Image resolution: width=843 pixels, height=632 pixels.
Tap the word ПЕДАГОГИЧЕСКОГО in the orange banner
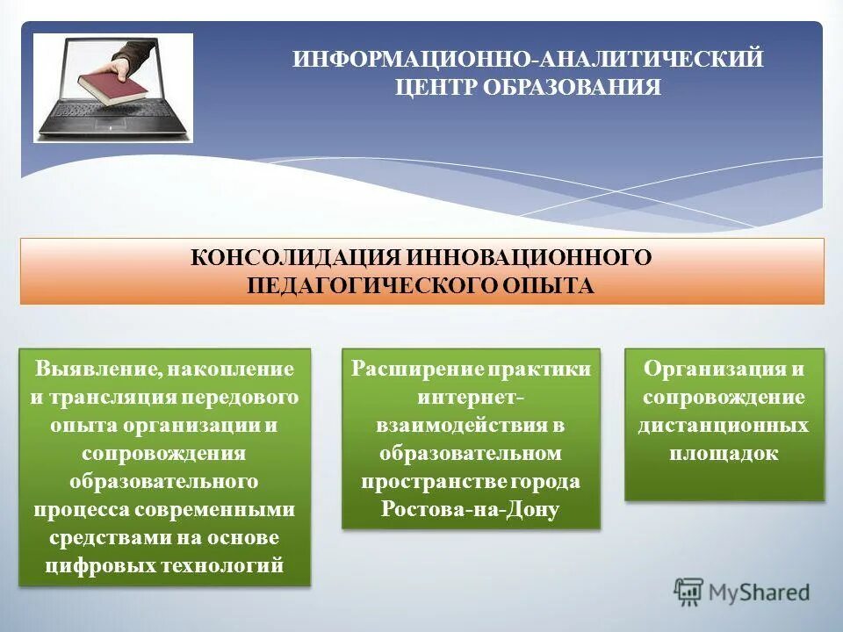(x=370, y=285)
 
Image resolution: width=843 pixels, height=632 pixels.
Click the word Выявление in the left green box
(x=91, y=368)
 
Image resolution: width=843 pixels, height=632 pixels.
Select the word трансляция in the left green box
(x=115, y=397)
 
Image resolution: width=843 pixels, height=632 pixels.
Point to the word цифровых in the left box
(x=97, y=565)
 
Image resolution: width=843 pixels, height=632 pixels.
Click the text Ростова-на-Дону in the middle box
(x=471, y=510)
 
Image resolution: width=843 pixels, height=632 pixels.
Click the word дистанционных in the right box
(x=724, y=425)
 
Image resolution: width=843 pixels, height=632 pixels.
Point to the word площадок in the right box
(x=724, y=453)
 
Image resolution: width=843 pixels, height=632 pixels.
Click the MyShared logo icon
(x=688, y=592)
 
